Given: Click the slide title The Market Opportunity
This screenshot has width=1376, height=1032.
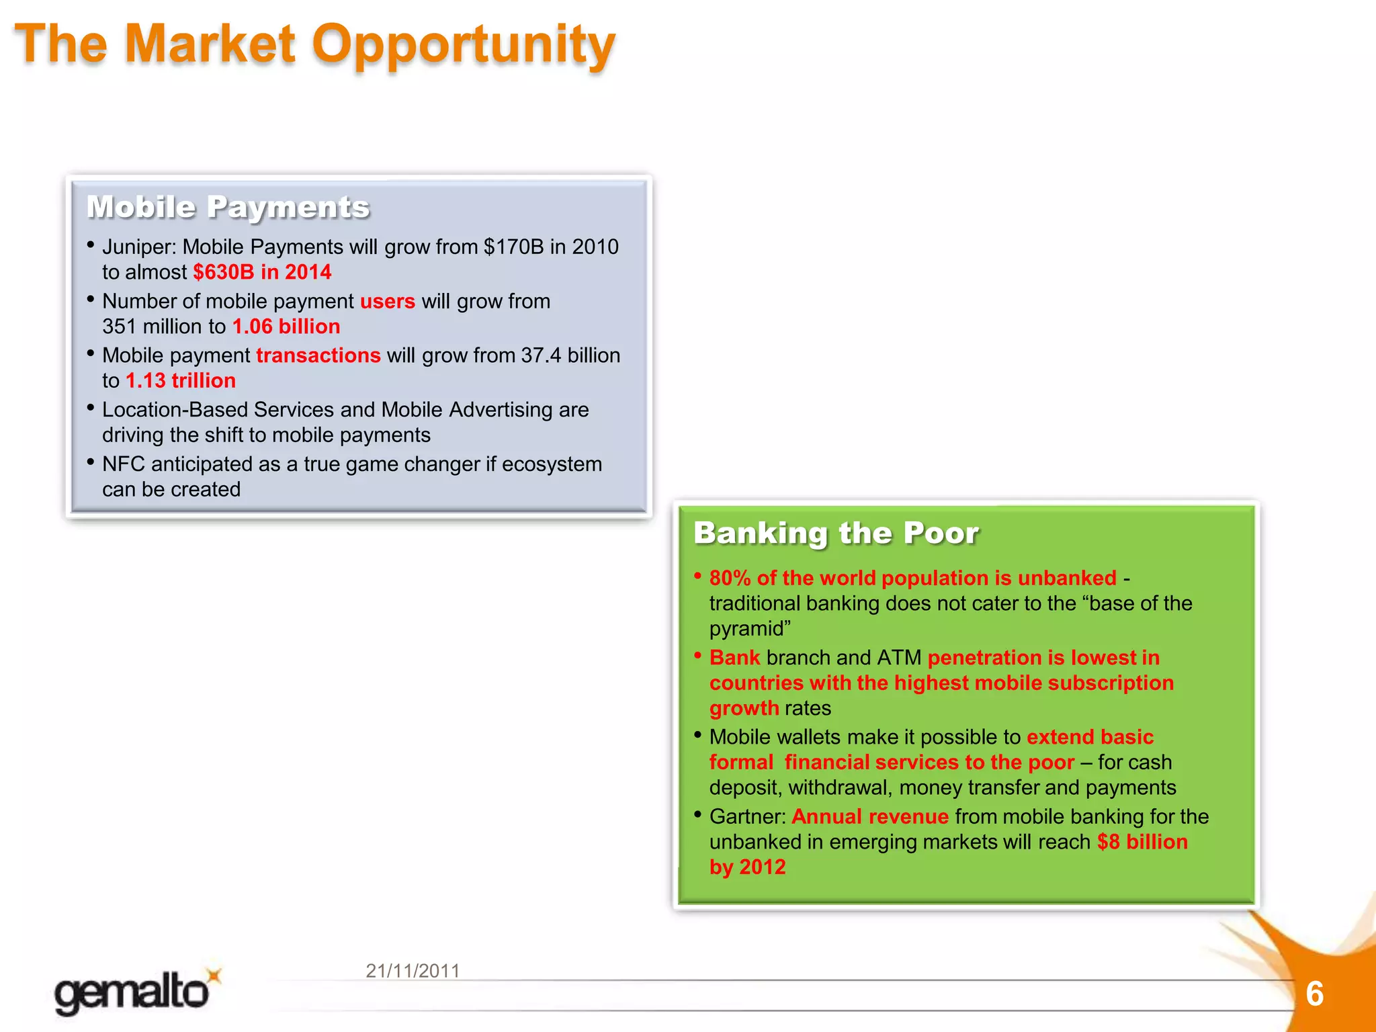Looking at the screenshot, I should pyautogui.click(x=314, y=44).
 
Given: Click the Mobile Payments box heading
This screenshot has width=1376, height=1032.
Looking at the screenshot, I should pyautogui.click(x=228, y=207).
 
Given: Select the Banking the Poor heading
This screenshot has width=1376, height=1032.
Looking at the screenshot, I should pyautogui.click(x=836, y=533).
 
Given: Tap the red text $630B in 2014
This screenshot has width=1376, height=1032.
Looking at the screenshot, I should pyautogui.click(x=262, y=272).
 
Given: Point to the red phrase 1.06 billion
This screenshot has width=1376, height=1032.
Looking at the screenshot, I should pyautogui.click(x=286, y=327).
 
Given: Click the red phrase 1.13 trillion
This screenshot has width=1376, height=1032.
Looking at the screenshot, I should pyautogui.click(x=181, y=381).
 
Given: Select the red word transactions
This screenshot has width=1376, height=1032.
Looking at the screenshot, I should pyautogui.click(x=318, y=355).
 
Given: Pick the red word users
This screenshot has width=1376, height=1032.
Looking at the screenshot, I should pyautogui.click(x=388, y=301).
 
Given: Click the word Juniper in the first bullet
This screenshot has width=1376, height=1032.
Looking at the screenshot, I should pyautogui.click(x=138, y=247).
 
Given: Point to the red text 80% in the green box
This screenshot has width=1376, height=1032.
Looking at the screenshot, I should pyautogui.click(x=730, y=578).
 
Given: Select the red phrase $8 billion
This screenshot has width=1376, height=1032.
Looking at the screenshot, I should pyautogui.click(x=1142, y=842).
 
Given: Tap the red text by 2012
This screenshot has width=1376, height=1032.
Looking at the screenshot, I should pyautogui.click(x=747, y=867).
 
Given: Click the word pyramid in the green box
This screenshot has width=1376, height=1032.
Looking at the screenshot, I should pyautogui.click(x=747, y=629).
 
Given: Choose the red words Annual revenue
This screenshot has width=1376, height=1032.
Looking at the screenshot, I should pyautogui.click(x=870, y=816).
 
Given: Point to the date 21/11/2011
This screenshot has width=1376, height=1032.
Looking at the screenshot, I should pyautogui.click(x=413, y=971).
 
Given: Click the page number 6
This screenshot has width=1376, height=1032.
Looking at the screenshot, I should pyautogui.click(x=1314, y=994).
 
